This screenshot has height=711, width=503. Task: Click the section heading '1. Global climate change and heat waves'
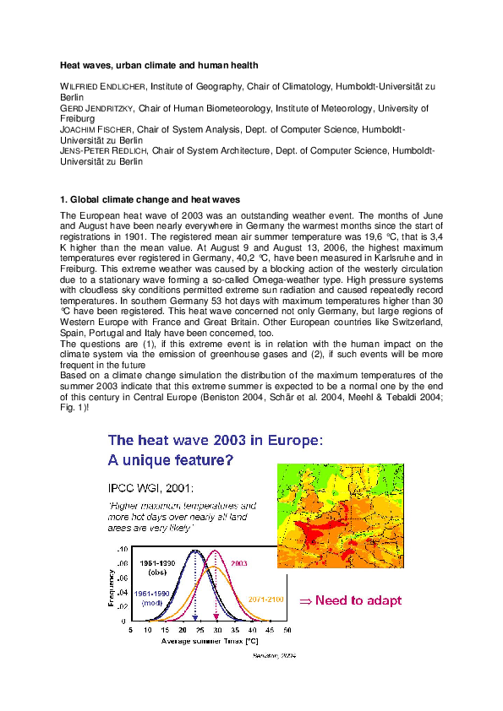click(x=150, y=199)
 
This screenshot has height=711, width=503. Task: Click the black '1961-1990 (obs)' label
click(x=158, y=567)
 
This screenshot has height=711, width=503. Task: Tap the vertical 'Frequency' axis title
click(x=111, y=583)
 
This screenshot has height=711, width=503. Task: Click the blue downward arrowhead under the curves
click(x=195, y=620)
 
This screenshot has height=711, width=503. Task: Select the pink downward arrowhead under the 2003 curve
click(x=216, y=620)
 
